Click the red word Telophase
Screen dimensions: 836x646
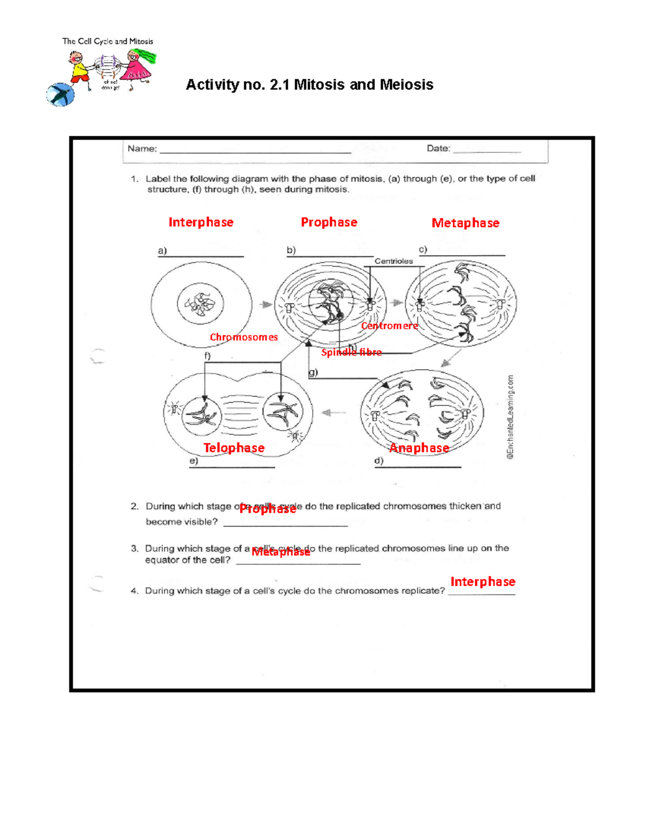pyautogui.click(x=234, y=448)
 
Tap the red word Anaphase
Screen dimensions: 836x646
pyautogui.click(x=419, y=448)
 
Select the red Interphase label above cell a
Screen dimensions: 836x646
pyautogui.click(x=201, y=222)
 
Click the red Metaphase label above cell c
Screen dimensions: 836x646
pyautogui.click(x=465, y=223)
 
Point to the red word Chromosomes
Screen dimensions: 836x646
pyautogui.click(x=244, y=338)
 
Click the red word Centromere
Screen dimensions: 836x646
pyautogui.click(x=389, y=326)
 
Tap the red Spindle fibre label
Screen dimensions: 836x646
pyautogui.click(x=351, y=353)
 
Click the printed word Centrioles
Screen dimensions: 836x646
pyautogui.click(x=394, y=261)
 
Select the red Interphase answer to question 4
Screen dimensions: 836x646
pyautogui.click(x=482, y=582)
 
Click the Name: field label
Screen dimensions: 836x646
pyautogui.click(x=142, y=149)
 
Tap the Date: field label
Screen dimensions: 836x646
pyautogui.click(x=438, y=148)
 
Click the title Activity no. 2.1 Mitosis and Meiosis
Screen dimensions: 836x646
pyautogui.click(x=309, y=85)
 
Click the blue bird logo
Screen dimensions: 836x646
pyautogui.click(x=60, y=95)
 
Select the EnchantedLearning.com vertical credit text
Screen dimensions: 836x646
pyautogui.click(x=510, y=417)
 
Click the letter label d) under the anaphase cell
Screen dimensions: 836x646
pyautogui.click(x=379, y=461)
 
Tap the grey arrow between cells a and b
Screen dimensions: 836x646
pyautogui.click(x=265, y=305)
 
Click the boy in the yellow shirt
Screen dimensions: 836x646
pyautogui.click(x=80, y=69)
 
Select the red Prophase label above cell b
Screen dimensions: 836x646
pyautogui.click(x=328, y=222)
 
